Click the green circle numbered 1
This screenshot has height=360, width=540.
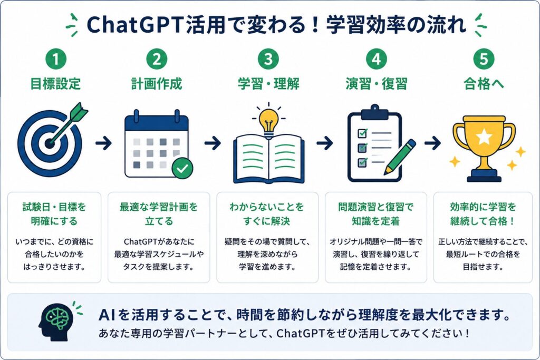[55, 59]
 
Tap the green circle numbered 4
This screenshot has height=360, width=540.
[376, 59]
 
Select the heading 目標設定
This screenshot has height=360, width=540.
[55, 84]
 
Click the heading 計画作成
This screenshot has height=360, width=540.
[157, 84]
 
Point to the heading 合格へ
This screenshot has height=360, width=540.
[484, 84]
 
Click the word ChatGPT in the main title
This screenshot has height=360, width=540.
[134, 25]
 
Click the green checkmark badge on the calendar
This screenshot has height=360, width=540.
[182, 168]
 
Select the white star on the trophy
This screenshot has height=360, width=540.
[484, 137]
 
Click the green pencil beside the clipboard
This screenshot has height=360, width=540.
[400, 157]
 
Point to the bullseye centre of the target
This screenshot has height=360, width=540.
[50, 143]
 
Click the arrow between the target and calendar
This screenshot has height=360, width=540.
[103, 143]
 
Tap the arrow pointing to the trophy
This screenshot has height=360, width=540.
[432, 143]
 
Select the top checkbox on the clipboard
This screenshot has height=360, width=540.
[362, 133]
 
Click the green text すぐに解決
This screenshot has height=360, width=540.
[266, 221]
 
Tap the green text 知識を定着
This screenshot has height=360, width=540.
[375, 221]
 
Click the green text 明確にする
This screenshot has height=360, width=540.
[54, 221]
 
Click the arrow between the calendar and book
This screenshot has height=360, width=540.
[213, 143]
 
